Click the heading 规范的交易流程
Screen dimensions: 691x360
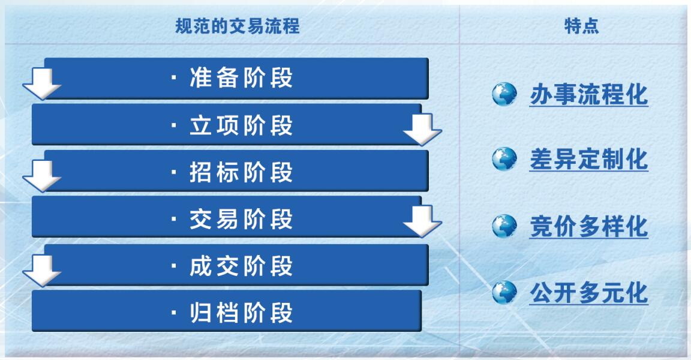tap(238, 26)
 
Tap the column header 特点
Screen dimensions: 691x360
tap(582, 26)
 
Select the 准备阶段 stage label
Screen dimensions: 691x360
tap(241, 78)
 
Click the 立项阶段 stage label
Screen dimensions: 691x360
tap(241, 125)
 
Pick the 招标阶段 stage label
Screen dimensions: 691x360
tap(241, 172)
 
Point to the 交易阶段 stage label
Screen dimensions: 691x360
tap(241, 219)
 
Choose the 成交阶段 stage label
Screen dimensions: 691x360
tap(241, 266)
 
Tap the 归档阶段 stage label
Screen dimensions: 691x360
tap(241, 313)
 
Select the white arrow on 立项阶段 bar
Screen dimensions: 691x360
tap(422, 130)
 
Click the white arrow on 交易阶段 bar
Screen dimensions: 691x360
tap(422, 221)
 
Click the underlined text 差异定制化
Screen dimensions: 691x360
tap(589, 160)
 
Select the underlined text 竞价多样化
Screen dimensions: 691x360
tap(589, 227)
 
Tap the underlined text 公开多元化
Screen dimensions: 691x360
tap(589, 293)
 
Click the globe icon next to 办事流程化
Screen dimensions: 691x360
tap(504, 94)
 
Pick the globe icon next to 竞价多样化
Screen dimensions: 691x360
tap(504, 226)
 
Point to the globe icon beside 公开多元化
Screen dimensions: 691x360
tap(504, 292)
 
